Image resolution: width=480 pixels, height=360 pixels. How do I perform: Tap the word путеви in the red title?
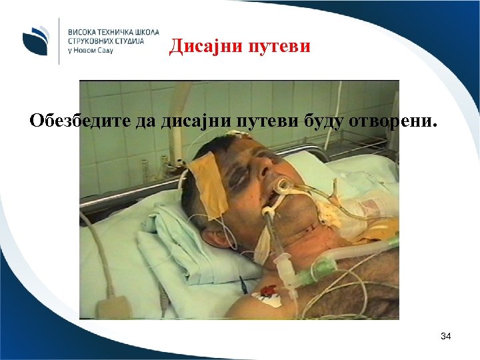pyautogui.click(x=280, y=46)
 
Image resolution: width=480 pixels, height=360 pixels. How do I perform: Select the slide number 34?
pyautogui.click(x=446, y=337)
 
